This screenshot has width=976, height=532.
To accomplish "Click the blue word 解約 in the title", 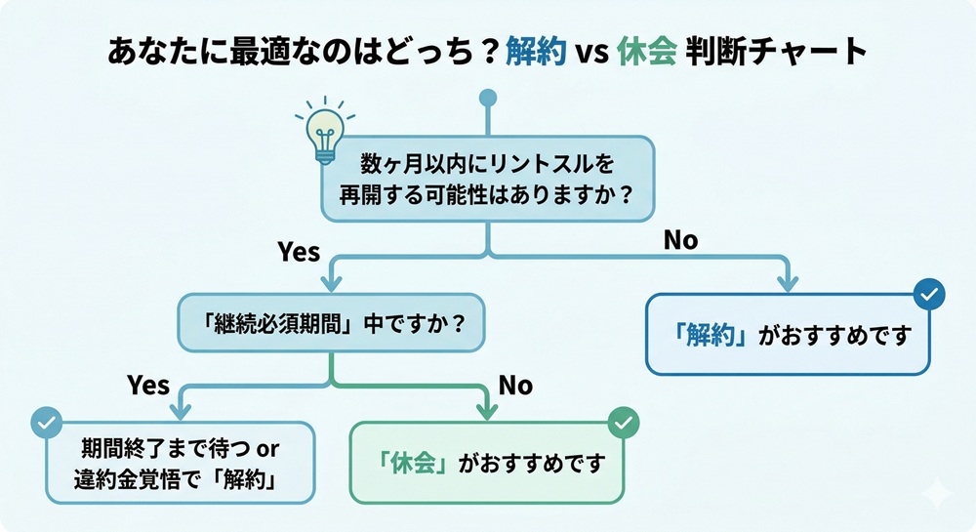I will [536, 53].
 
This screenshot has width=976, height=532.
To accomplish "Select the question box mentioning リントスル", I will [488, 176].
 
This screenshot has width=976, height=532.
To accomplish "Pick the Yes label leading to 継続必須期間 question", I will [299, 252].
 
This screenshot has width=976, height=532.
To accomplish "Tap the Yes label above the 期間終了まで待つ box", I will [148, 386].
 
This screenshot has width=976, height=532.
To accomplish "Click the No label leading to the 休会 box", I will [515, 386].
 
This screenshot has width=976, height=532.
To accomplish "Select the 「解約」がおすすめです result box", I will [788, 335].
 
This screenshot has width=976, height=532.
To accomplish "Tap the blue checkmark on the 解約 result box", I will [927, 293].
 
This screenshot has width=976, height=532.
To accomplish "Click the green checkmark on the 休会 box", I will [623, 423].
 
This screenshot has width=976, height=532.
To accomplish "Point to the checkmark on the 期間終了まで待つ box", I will [45, 423].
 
